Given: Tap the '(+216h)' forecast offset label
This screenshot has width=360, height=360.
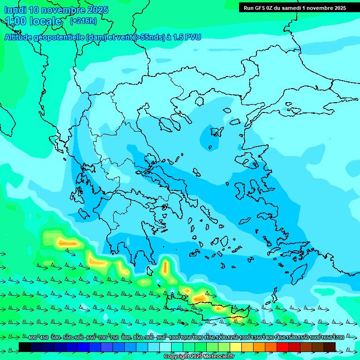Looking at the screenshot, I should click(x=83, y=21).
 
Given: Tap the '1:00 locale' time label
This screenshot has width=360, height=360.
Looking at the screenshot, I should click(x=33, y=21).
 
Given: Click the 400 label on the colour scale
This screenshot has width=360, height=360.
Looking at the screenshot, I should click(x=32, y=337).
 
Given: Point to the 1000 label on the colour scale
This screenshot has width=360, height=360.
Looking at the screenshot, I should click(x=174, y=337).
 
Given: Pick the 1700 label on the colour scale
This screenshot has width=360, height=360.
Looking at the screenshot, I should click(x=338, y=337).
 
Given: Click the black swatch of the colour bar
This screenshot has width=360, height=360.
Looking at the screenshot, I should click(x=25, y=347).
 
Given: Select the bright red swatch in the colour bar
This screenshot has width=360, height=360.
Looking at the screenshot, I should click(x=283, y=347).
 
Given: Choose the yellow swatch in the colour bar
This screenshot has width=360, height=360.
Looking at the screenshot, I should click(x=236, y=347).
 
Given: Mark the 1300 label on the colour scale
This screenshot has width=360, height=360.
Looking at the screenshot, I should click(x=245, y=337).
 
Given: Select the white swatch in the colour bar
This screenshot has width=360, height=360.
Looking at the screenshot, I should click(x=165, y=347).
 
